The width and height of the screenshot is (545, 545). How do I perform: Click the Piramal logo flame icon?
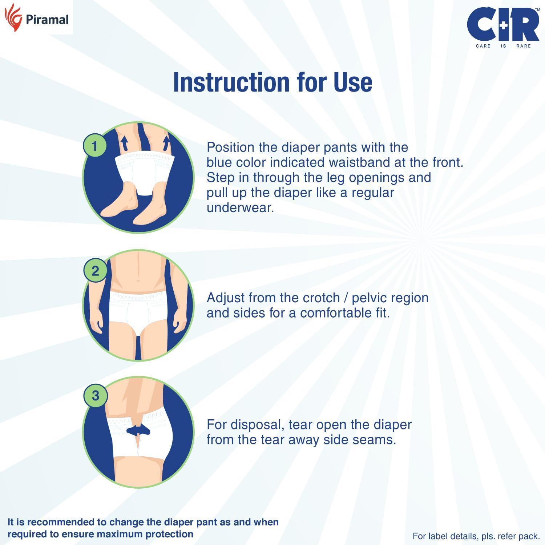(x=13, y=17)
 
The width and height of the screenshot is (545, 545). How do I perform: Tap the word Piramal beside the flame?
(x=47, y=20)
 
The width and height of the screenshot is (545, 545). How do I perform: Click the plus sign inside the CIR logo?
(x=503, y=25)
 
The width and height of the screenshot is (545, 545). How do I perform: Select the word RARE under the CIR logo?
(x=523, y=46)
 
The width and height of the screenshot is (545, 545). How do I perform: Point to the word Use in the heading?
(x=352, y=82)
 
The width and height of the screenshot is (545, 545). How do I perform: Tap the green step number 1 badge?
(x=95, y=146)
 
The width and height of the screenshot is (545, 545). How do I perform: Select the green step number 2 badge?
(x=95, y=271)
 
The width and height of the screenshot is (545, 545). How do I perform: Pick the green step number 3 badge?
(x=95, y=395)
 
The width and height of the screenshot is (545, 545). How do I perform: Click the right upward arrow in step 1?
(x=167, y=143)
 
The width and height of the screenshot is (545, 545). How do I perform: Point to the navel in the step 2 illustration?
(x=138, y=280)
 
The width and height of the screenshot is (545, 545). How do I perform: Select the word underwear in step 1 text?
(x=240, y=208)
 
